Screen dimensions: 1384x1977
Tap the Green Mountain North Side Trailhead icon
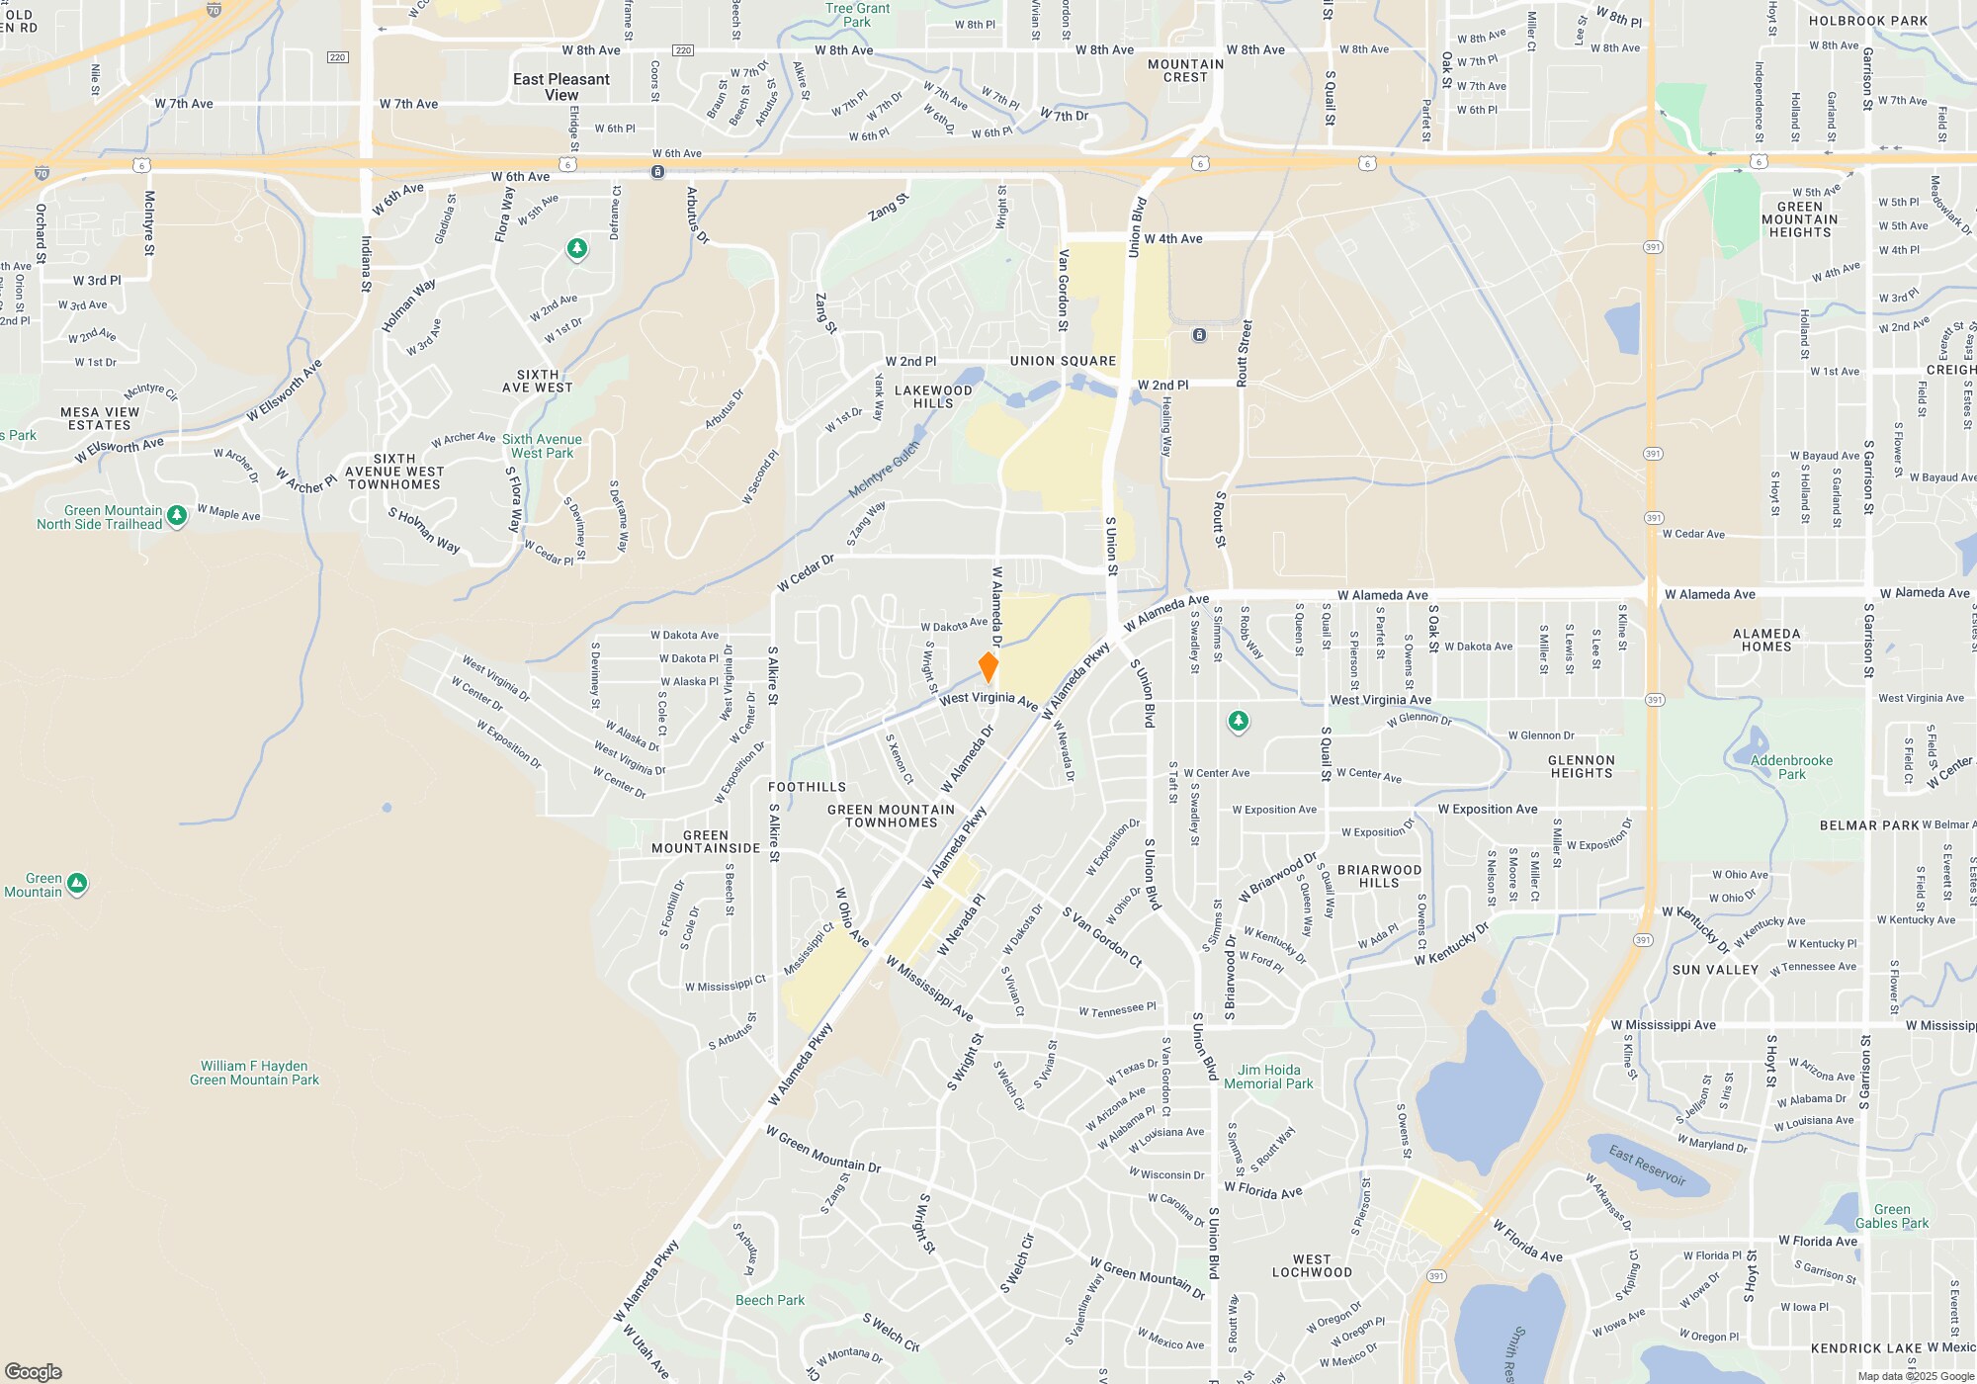coord(177,515)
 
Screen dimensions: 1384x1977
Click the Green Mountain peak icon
coord(77,883)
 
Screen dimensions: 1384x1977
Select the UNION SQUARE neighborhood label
coord(1063,361)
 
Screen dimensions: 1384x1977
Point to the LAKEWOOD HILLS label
coord(933,396)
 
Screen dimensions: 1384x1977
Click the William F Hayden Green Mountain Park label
coord(254,1073)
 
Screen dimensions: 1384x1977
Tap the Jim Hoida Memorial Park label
coord(1268,1077)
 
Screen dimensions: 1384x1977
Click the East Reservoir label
coord(1647,1165)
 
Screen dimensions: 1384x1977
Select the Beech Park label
coord(770,1300)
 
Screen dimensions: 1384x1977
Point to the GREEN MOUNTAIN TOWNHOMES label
coord(891,816)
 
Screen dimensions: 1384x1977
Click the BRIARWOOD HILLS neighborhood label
coord(1379,876)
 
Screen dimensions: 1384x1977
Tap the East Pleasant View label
coord(561,87)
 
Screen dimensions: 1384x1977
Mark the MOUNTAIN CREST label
coord(1185,70)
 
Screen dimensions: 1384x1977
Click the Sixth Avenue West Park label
coord(542,446)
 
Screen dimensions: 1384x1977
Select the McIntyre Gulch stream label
coord(884,470)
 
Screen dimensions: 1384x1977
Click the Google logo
coord(34,1371)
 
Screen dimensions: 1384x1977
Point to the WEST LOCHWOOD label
coord(1312,1265)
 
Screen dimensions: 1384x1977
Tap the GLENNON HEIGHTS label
coord(1582,766)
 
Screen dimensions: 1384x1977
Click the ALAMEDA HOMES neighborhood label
coord(1766,640)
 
